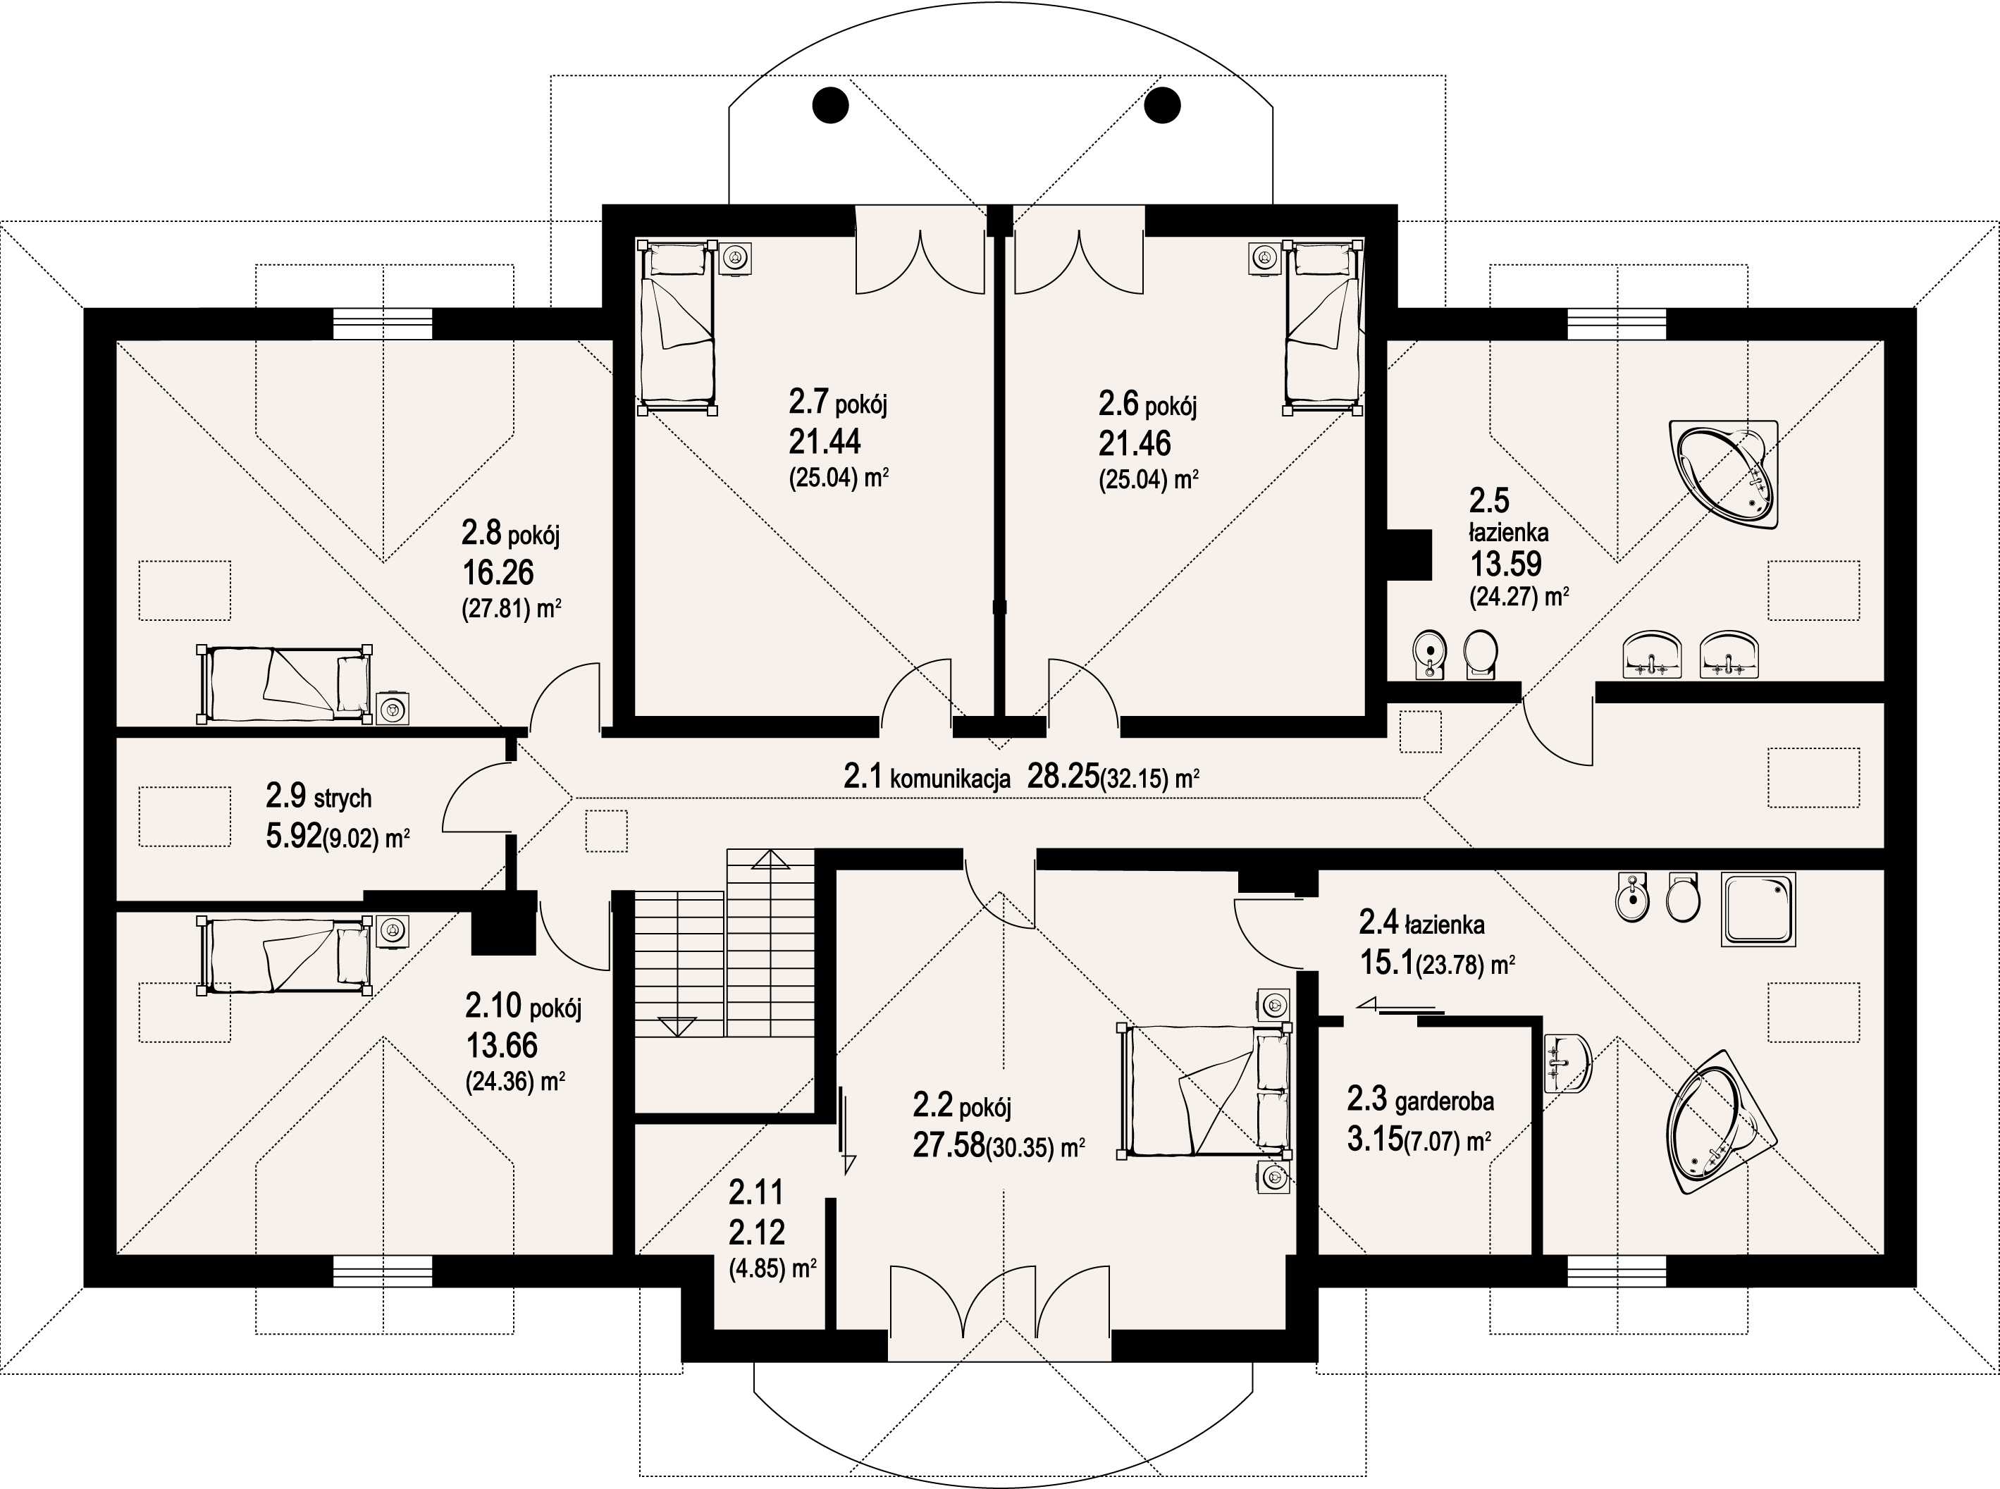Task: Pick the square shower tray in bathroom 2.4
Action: click(x=1758, y=908)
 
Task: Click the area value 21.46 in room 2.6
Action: click(x=1135, y=443)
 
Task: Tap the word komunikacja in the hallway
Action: click(x=950, y=779)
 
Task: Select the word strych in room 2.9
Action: click(x=342, y=798)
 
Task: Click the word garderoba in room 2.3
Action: click(x=1444, y=1101)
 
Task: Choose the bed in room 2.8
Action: click(x=285, y=684)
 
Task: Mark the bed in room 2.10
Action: click(x=285, y=956)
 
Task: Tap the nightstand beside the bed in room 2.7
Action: click(x=736, y=258)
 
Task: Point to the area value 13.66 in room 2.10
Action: click(x=501, y=1046)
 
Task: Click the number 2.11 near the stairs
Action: click(x=756, y=1193)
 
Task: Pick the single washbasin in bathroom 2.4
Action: click(x=1567, y=1063)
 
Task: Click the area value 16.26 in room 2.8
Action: click(x=498, y=572)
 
